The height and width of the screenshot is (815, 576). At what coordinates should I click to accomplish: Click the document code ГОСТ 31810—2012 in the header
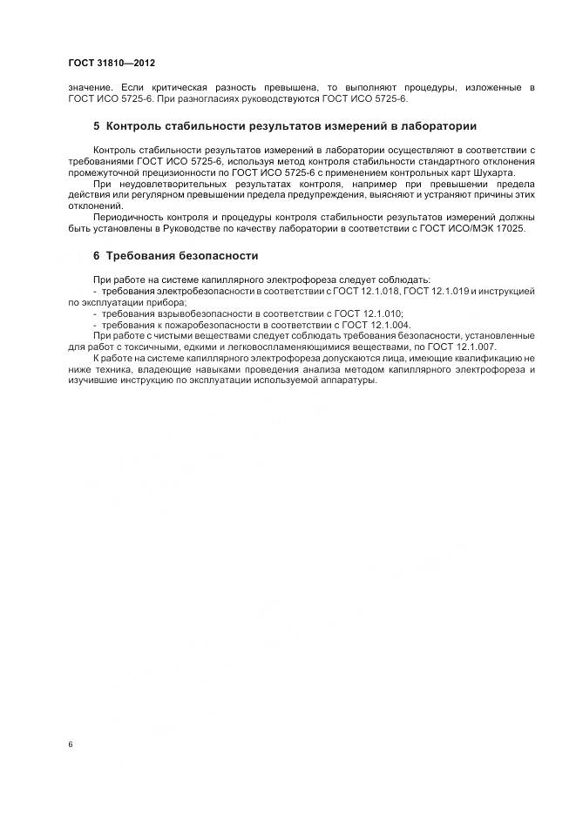pos(112,63)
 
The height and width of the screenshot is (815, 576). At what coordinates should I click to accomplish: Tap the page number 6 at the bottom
pos(70,745)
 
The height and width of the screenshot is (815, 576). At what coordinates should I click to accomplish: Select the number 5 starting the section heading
pos(97,126)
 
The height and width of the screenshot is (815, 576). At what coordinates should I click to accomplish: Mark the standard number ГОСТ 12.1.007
pos(459,347)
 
